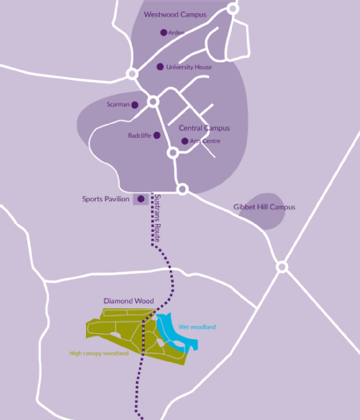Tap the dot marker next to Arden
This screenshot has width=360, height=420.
(x=163, y=33)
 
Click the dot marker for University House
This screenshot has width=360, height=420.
(x=160, y=67)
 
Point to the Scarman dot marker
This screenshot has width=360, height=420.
(x=135, y=105)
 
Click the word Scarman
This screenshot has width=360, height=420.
(x=118, y=105)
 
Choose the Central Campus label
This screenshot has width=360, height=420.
(x=205, y=127)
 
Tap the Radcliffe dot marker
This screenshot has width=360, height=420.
(x=159, y=135)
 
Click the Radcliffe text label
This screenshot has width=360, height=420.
(x=140, y=135)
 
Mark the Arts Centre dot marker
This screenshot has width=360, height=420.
(x=184, y=141)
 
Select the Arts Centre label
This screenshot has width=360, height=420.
(x=205, y=141)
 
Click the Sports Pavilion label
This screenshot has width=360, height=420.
(x=106, y=199)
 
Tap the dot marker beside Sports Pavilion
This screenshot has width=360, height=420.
(x=140, y=199)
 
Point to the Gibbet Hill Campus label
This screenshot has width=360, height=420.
(x=264, y=207)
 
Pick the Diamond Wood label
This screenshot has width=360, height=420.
(x=128, y=301)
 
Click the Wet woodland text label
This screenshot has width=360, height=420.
(x=197, y=327)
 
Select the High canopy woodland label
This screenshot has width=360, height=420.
(x=98, y=353)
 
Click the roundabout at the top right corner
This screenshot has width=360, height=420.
(x=233, y=8)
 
